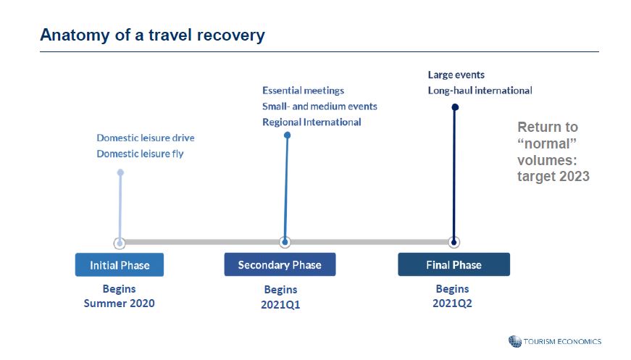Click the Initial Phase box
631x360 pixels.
(120, 264)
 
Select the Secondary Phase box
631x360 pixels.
(280, 264)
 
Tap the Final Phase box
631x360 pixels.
(454, 264)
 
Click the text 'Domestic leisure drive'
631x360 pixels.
(146, 138)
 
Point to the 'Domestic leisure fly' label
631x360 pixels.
(140, 154)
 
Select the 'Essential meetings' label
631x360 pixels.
(303, 91)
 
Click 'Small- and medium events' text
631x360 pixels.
(319, 106)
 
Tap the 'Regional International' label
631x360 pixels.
(312, 122)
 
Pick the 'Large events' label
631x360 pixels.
(456, 75)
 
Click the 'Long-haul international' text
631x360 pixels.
(480, 91)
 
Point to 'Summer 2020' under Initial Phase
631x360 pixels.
(119, 304)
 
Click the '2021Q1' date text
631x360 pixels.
(280, 304)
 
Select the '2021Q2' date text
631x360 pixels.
(452, 304)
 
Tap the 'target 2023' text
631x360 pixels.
(553, 176)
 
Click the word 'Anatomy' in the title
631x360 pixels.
(75, 35)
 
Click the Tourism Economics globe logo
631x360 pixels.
(514, 341)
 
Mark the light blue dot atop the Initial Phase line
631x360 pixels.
(120, 172)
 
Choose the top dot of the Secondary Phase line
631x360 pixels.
(288, 135)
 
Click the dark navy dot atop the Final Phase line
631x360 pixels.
(455, 107)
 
